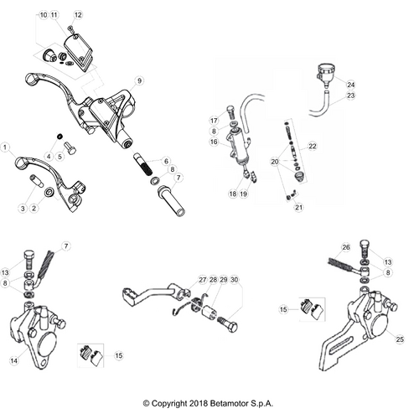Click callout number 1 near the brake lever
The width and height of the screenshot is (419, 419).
6,146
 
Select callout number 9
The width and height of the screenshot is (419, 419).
140,80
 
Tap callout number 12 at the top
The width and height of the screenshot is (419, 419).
79,15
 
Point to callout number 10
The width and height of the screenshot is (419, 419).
44,15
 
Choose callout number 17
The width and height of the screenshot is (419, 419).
214,122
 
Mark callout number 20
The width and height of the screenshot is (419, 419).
274,161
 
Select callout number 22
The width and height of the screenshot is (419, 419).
313,146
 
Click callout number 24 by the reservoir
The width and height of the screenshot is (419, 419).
351,85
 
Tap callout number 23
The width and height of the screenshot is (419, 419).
351,96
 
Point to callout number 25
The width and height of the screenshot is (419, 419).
399,338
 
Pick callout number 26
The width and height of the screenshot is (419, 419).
345,247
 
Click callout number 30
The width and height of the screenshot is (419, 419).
234,279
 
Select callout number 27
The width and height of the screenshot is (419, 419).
202,279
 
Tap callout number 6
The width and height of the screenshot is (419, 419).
166,161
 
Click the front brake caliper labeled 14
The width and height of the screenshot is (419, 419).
38,335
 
